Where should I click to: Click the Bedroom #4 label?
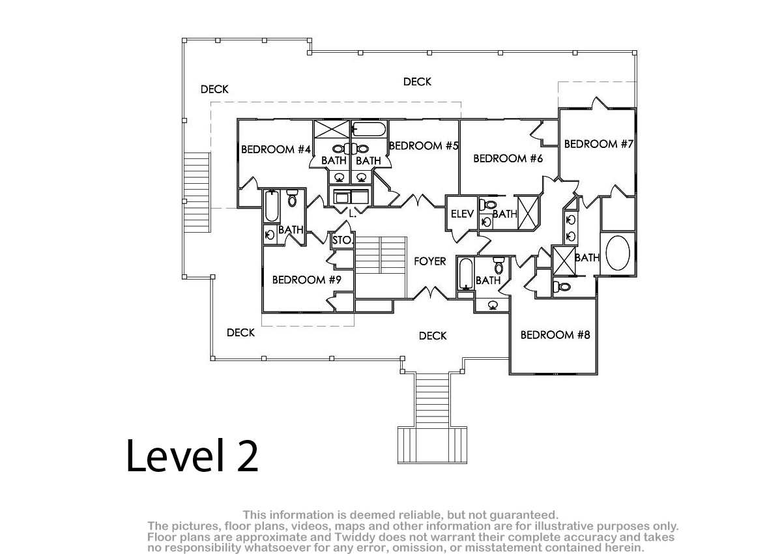pos(276,149)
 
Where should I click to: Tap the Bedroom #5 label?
pos(424,145)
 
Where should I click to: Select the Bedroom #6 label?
pos(508,158)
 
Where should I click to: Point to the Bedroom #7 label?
pos(599,144)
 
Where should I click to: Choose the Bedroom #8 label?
pos(555,335)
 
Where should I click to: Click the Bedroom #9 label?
pos(307,280)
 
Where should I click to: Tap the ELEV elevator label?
pos(462,214)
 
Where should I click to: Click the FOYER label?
pos(429,261)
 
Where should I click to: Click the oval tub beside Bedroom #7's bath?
pos(618,253)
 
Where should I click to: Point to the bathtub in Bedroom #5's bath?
pos(369,130)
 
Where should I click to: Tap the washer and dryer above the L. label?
pos(351,197)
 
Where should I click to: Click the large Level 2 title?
pos(192,455)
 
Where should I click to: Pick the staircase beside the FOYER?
pos(381,267)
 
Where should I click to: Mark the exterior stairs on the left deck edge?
pos(197,193)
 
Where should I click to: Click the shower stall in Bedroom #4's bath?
pos(332,129)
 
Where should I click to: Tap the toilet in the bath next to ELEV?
pos(488,205)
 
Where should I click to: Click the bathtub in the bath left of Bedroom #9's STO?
pos(272,207)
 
